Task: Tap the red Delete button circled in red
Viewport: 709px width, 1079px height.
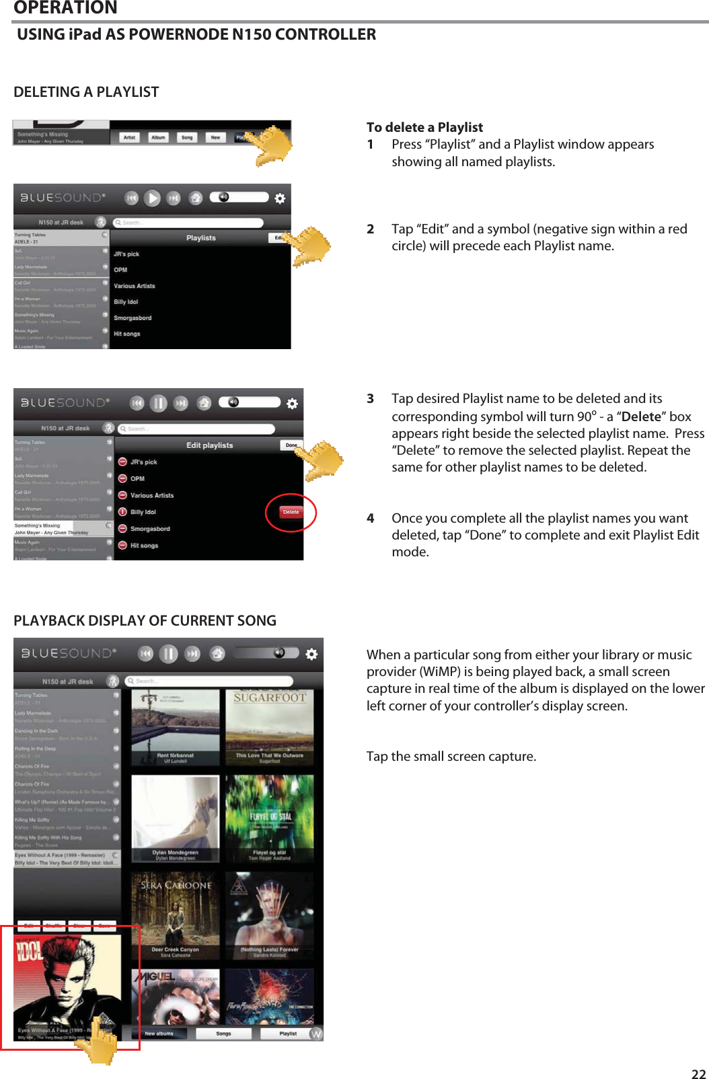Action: pos(291,512)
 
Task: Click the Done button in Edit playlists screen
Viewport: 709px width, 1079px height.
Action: pos(291,445)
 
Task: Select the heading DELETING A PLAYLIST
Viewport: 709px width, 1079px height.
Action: pos(86,92)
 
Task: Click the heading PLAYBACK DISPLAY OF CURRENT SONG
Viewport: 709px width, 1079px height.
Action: pos(145,620)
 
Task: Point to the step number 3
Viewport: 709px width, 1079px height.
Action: pos(370,398)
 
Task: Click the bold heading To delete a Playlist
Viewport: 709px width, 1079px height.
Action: pos(424,127)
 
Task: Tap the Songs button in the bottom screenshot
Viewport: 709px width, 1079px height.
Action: pos(223,1033)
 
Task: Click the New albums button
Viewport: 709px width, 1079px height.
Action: pos(159,1033)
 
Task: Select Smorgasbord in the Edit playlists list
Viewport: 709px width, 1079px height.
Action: pos(150,529)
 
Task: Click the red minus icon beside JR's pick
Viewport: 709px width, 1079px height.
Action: pos(122,462)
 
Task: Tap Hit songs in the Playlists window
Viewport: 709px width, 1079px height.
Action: pos(127,334)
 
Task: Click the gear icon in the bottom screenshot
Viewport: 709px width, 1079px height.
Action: pos(311,654)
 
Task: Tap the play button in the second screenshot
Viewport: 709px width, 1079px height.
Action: pos(153,198)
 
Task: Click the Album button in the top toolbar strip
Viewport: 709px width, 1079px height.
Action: pos(158,137)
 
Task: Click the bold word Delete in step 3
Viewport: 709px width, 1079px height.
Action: pos(641,416)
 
